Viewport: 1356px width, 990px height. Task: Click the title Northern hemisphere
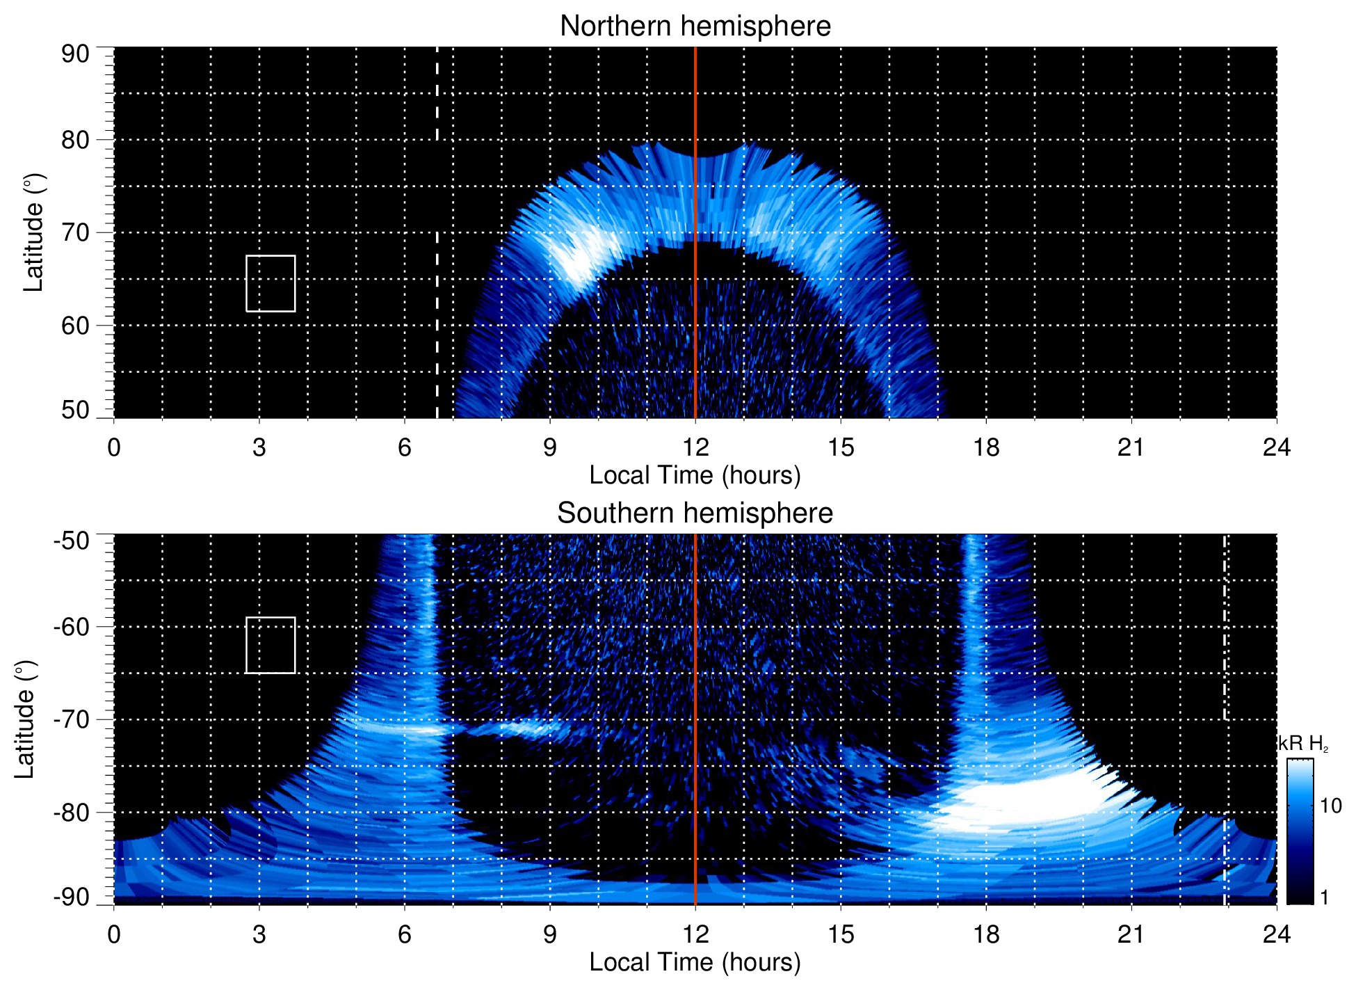point(695,26)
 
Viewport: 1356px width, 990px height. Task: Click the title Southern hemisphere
point(695,513)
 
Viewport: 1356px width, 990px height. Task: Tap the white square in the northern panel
point(271,283)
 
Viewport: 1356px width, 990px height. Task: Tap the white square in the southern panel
point(271,645)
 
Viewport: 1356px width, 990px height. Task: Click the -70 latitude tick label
point(72,719)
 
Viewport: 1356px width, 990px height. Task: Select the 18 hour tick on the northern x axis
point(985,447)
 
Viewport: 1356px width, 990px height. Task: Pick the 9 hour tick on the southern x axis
point(549,934)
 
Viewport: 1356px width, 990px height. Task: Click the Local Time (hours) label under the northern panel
point(695,475)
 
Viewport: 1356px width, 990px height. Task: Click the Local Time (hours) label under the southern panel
point(695,962)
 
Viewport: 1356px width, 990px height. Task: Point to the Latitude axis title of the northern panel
point(33,232)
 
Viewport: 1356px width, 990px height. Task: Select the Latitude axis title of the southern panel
point(25,719)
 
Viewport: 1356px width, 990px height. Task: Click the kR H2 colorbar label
point(1303,744)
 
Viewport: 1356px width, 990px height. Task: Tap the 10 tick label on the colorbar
point(1330,806)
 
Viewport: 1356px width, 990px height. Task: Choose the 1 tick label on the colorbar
point(1324,897)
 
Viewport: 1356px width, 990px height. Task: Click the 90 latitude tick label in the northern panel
point(75,54)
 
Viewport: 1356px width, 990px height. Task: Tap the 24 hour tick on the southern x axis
point(1276,934)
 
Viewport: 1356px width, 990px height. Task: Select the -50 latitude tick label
point(72,540)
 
